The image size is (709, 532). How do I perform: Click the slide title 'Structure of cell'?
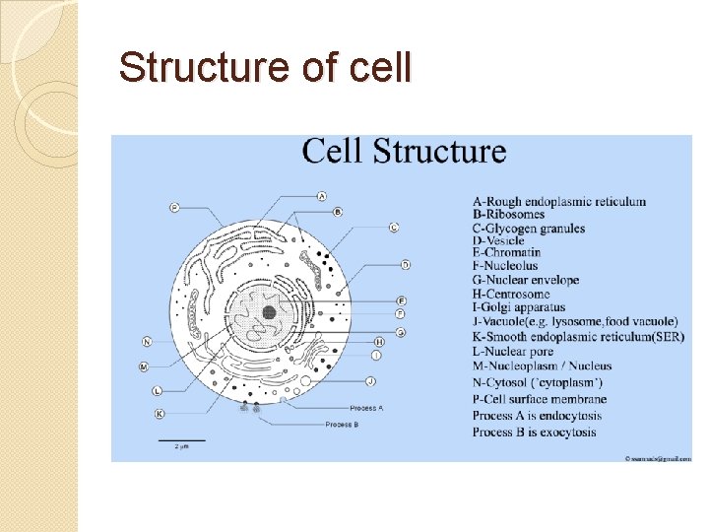coord(264,69)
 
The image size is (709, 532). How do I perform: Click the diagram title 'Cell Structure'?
coord(404,152)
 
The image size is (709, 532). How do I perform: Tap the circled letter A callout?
coord(322,196)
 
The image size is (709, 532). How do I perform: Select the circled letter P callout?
coord(174,207)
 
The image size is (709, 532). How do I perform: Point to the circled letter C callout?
coord(394,228)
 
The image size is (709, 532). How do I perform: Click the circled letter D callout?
coord(405,264)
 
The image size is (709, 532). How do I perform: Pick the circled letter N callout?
coord(148,342)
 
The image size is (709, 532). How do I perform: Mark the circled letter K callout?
coord(160,414)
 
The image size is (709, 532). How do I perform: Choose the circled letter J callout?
coord(370,380)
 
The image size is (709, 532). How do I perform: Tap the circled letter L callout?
coord(158,391)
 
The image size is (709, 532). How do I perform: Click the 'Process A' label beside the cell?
coord(366,407)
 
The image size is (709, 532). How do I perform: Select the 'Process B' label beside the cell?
coord(343,425)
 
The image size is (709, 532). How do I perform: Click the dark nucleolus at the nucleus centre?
coord(269,312)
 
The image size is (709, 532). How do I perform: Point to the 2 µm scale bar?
coord(182,440)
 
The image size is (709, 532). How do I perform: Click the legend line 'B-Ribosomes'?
coord(508,215)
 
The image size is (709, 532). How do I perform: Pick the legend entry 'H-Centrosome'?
coord(511,295)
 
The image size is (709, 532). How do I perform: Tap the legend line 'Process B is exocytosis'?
coord(534,432)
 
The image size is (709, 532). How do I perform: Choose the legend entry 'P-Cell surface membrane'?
coord(539,400)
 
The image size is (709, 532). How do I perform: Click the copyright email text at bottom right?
coord(658,457)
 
